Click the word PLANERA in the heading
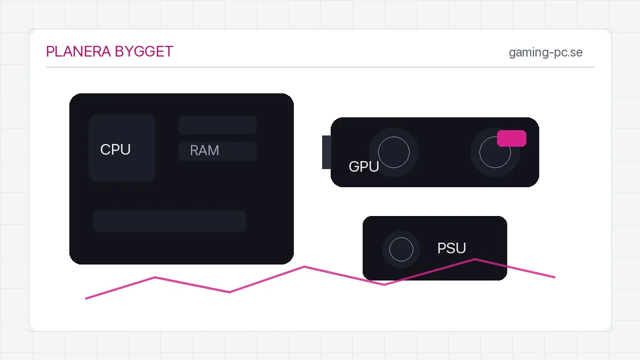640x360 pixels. pos(78,52)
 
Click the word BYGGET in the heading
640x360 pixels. pos(144,52)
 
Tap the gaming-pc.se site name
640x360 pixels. pos(546,53)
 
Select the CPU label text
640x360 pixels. pos(115,149)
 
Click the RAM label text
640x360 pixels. pos(204,150)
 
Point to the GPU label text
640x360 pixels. pos(364,166)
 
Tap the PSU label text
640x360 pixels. pos(451,248)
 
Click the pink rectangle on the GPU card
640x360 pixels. pos(511,138)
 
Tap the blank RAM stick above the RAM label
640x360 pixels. pos(218,125)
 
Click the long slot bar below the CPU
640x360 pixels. pos(170,221)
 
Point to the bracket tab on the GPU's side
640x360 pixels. pos(326,153)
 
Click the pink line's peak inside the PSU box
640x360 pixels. pos(475,259)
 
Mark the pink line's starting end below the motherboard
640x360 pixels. pos(86,299)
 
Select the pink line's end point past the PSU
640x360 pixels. pos(555,277)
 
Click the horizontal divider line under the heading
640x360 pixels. pos(320,67)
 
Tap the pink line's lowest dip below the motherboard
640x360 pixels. pos(229,292)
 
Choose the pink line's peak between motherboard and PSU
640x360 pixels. pos(304,267)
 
